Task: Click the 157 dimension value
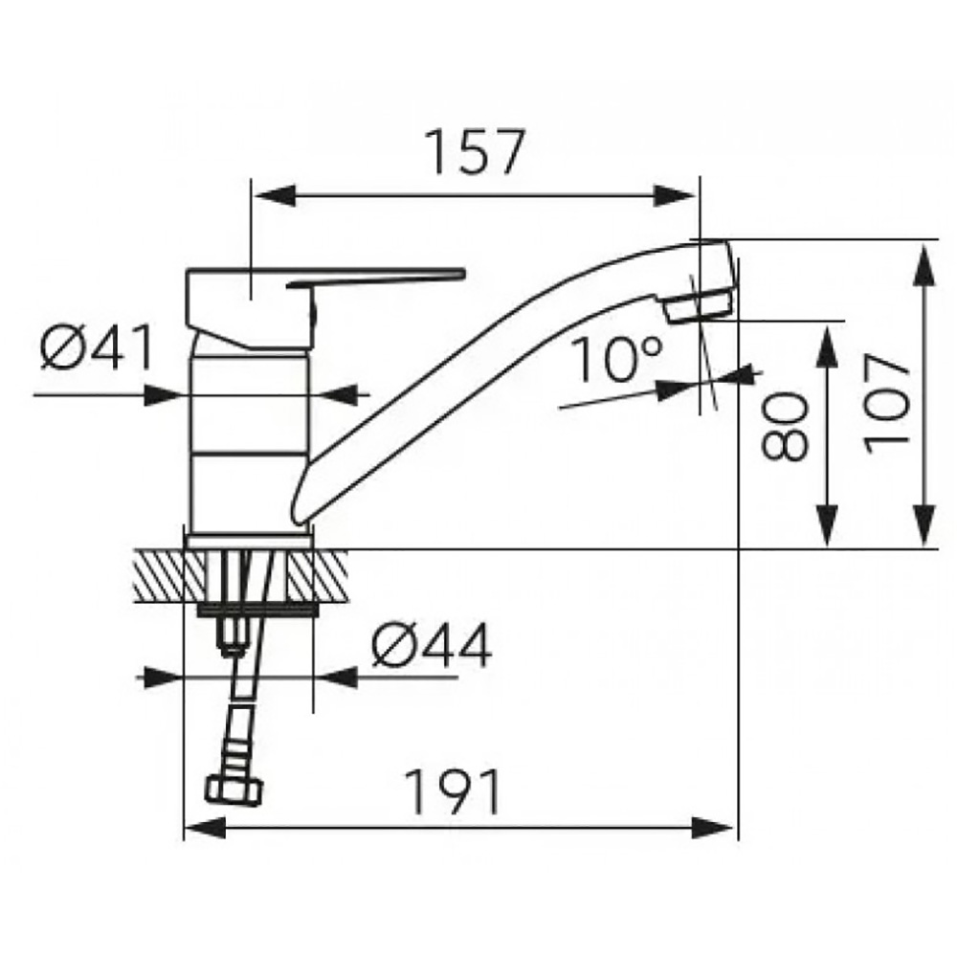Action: pos(475,151)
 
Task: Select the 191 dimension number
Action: pos(453,791)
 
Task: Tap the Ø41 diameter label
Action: pos(97,348)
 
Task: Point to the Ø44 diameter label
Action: pos(432,646)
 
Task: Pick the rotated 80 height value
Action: pos(785,427)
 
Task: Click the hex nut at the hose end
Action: pos(234,791)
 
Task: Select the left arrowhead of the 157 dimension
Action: pos(275,196)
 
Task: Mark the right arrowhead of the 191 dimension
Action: pos(712,828)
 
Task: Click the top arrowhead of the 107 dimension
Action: pos(925,264)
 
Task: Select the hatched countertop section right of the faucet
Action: pos(318,575)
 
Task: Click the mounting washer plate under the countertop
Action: pos(258,611)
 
